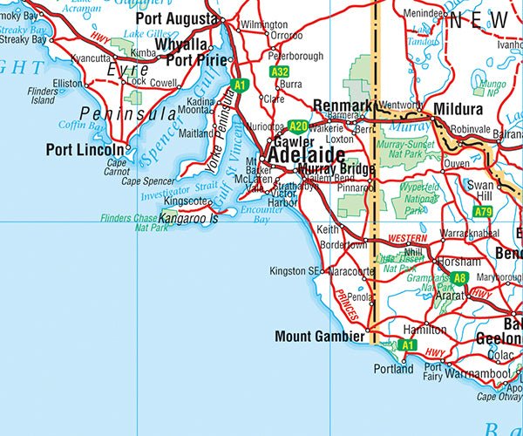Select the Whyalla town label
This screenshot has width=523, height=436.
coord(182,44)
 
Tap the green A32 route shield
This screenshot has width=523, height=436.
coord(280,72)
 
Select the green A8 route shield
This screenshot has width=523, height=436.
coord(459,279)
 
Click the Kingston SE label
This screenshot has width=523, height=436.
coord(295,271)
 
